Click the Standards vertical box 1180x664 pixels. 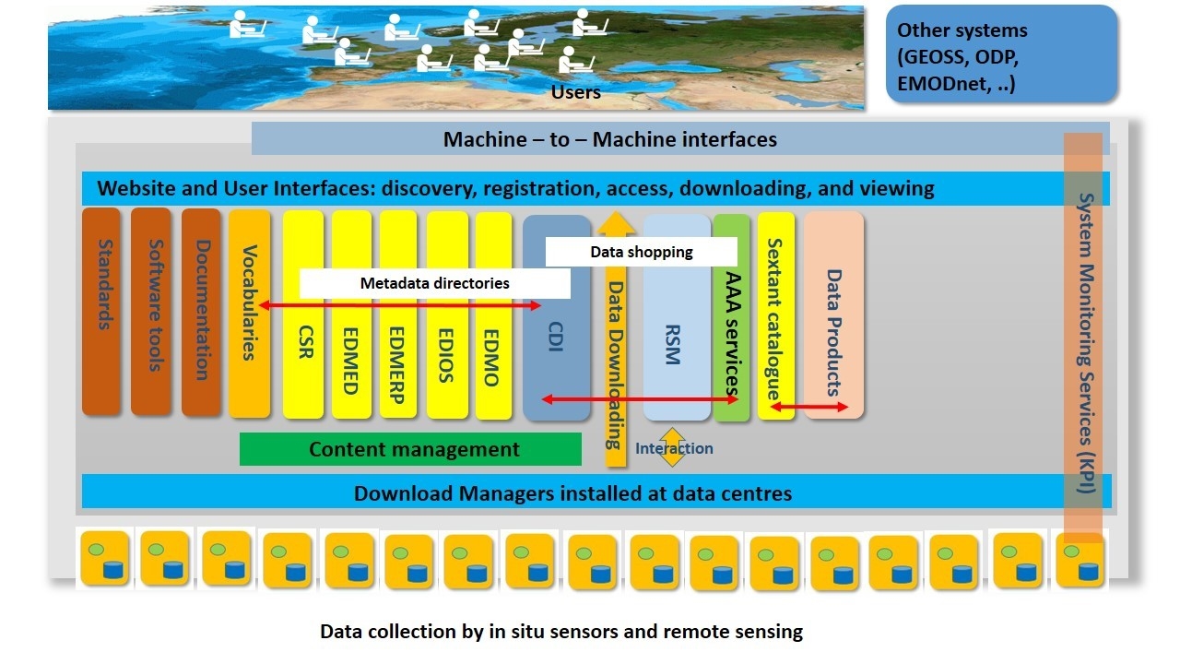point(101,311)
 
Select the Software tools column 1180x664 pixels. point(150,311)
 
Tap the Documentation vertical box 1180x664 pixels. point(201,312)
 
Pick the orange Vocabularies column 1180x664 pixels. point(249,313)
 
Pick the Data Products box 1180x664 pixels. point(833,315)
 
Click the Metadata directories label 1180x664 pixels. point(434,283)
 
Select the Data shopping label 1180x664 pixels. point(641,252)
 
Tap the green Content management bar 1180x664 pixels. point(410,449)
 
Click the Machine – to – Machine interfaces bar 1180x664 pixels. point(680,138)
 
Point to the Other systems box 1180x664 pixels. point(1001,53)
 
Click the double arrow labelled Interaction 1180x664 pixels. point(672,447)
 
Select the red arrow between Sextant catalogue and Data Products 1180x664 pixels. point(809,407)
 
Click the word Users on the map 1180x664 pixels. point(576,92)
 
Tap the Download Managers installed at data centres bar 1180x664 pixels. point(596,492)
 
